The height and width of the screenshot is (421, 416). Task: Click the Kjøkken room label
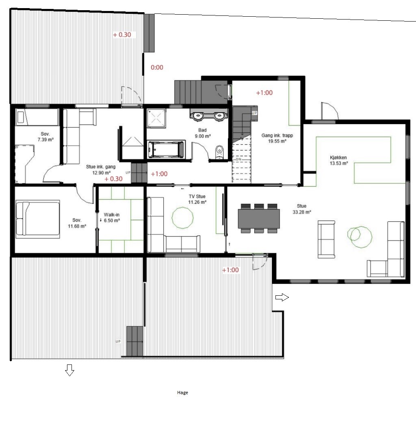pos(338,157)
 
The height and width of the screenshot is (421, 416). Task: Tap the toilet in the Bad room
pos(219,152)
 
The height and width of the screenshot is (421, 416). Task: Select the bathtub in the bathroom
pos(166,149)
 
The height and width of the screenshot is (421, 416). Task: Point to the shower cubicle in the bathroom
pos(156,118)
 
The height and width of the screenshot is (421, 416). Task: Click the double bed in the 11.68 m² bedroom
pos(37,219)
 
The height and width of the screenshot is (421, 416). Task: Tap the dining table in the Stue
pos(259,218)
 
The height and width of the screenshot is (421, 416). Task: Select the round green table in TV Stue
pos(182,218)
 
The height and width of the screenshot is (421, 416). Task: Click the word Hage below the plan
pos(182,393)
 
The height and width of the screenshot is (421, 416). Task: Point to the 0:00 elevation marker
pos(157,68)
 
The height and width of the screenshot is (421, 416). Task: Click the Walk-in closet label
pos(112,214)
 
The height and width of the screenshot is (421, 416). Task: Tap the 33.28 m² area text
pos(302,212)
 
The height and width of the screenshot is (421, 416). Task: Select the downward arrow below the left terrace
pos(69,370)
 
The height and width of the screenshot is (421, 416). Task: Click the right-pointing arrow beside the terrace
pos(282,297)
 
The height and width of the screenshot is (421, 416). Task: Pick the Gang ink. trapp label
pos(277,135)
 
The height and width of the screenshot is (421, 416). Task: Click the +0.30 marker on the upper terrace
pos(122,35)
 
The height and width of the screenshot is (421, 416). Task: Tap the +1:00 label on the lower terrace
pos(230,270)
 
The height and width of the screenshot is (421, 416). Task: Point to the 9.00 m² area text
pos(203,136)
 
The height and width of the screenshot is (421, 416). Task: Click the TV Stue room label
pos(197,196)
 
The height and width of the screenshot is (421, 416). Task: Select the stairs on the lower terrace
pos(134,342)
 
